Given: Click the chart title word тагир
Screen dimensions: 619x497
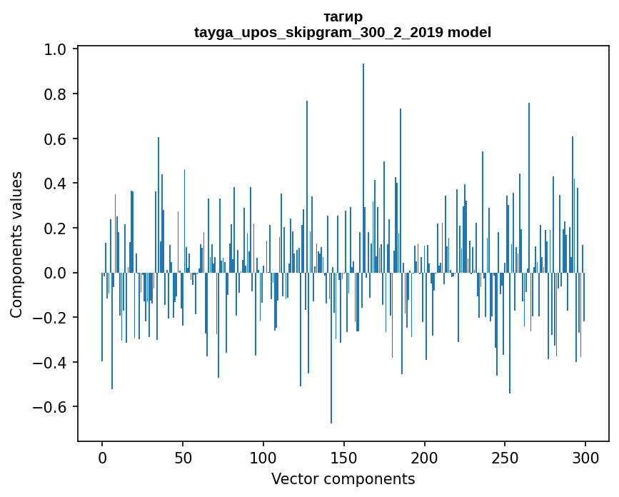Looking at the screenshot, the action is coord(343,17).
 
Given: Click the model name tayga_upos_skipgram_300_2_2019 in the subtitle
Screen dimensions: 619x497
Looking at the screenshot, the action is coord(318,32).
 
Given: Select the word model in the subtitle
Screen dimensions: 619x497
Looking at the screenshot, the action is coord(469,32).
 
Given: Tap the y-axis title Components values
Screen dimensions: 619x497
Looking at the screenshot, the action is coord(16,245).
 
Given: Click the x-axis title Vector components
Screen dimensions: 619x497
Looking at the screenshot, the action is coord(343,479).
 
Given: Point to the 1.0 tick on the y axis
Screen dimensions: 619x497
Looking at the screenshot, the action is coord(55,49).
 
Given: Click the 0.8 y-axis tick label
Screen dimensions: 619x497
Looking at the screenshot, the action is coord(55,94).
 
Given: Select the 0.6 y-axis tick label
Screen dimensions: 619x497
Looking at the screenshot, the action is coord(55,139).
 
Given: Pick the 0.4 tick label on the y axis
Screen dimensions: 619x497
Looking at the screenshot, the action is coord(55,184).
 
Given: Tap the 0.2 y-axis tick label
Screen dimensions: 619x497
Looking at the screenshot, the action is coord(55,229).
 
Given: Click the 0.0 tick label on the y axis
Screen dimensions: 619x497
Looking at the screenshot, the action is coord(55,273).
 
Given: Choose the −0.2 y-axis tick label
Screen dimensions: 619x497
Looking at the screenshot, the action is coord(49,318).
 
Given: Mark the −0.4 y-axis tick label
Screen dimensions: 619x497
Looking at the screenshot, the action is coord(49,362).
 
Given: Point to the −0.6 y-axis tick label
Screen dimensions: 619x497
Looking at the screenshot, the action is coord(49,407).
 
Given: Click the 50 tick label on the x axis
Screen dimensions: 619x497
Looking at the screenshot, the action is coord(183,458).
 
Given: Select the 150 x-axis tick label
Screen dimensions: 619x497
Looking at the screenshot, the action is coord(344,458).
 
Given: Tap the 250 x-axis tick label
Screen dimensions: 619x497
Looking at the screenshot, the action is coord(505,458).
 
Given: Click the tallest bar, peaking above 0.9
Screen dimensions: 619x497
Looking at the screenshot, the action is coord(363,168).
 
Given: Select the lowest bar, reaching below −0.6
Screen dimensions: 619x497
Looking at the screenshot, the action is coord(331,348).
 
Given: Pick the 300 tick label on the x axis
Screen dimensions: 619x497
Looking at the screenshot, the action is coord(585,458).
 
